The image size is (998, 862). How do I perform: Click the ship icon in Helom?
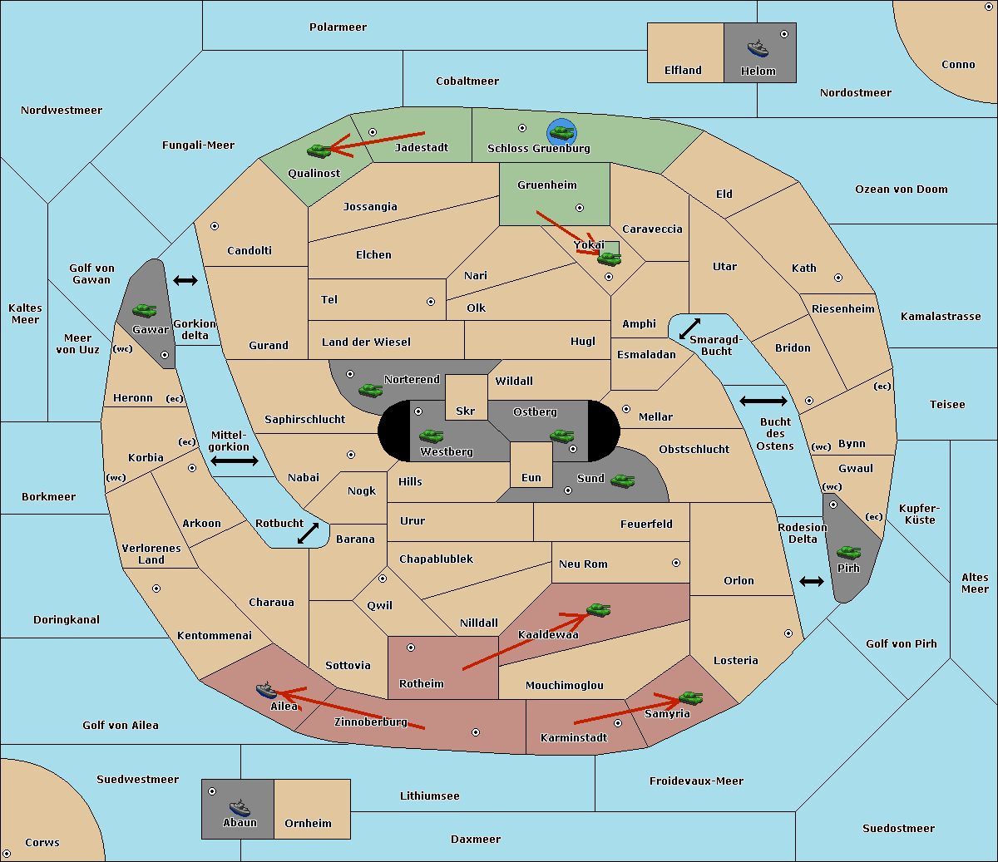click(758, 47)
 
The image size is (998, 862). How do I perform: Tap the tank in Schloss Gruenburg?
click(561, 132)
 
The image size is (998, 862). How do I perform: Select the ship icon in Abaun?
click(240, 807)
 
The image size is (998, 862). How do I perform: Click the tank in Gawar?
click(144, 310)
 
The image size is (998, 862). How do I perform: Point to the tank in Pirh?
click(848, 552)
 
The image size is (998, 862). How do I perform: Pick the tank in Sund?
click(622, 480)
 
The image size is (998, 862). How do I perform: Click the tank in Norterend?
click(370, 390)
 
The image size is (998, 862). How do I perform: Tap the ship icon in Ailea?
click(266, 690)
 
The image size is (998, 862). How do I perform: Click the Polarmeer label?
click(338, 27)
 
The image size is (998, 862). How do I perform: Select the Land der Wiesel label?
click(366, 342)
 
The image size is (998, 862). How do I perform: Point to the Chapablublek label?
click(436, 559)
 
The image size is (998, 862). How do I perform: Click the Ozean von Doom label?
click(901, 190)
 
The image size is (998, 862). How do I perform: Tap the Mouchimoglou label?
click(565, 685)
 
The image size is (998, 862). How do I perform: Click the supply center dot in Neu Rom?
click(676, 563)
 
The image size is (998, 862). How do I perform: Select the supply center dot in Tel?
click(431, 302)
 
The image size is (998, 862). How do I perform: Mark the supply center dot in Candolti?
click(215, 226)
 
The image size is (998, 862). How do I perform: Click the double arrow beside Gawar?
click(185, 280)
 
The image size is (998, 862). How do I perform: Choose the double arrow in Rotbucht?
click(308, 533)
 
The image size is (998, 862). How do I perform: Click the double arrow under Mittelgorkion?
click(235, 461)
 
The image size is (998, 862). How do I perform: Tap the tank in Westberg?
click(431, 436)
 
